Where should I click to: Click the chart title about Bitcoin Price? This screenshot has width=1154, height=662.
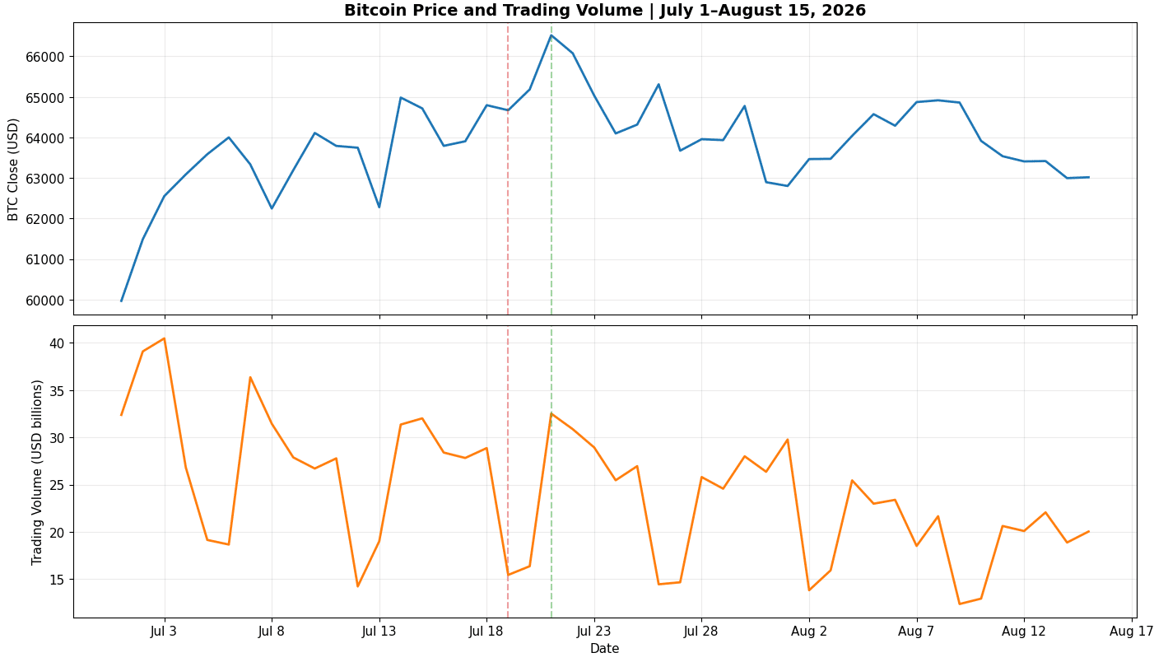click(605, 11)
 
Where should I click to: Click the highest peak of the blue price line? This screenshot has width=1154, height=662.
click(551, 35)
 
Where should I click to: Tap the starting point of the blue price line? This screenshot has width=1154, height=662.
click(121, 301)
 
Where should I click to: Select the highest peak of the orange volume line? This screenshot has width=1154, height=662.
click(165, 338)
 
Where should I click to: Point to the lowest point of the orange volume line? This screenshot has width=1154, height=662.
click(959, 604)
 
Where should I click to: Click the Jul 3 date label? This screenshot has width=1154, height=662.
click(164, 631)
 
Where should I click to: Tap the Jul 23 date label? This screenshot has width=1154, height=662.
click(593, 631)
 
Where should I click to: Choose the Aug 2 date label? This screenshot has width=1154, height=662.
click(809, 631)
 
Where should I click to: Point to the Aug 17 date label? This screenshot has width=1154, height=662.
click(1130, 631)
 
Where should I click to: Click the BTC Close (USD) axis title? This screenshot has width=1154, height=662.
click(13, 170)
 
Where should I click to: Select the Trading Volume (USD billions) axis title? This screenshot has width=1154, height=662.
click(36, 473)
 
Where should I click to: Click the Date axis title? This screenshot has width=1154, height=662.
click(605, 649)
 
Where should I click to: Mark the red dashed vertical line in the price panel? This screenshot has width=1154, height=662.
click(508, 169)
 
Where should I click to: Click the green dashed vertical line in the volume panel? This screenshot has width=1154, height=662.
click(551, 471)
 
